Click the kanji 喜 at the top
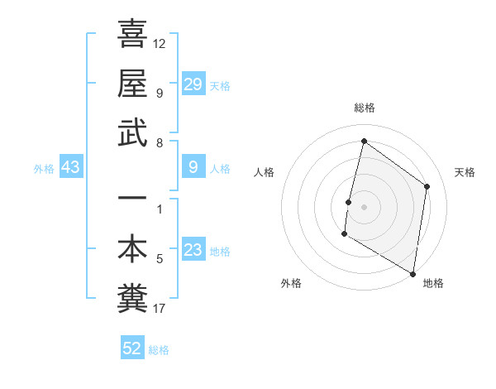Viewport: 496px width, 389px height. (132, 36)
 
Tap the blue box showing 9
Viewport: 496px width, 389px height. (193, 168)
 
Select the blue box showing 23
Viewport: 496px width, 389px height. (193, 251)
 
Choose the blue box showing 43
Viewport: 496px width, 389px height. (70, 168)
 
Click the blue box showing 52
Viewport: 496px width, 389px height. (132, 348)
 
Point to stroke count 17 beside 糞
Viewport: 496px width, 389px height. (160, 310)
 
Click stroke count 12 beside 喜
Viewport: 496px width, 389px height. (160, 43)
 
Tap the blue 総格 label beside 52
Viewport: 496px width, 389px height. (159, 350)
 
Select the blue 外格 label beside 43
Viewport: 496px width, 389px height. (44, 169)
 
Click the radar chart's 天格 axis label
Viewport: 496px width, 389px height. (465, 172)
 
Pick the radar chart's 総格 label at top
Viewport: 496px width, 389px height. (364, 108)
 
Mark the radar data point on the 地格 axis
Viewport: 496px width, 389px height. (413, 273)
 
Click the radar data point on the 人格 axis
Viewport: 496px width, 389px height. (348, 202)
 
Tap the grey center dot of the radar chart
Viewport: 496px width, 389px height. (364, 207)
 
